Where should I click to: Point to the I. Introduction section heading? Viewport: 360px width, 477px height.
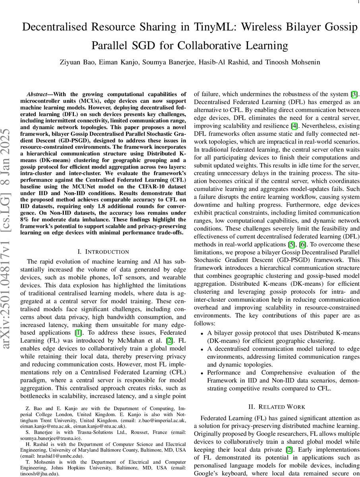pyautogui.click(x=103, y=252)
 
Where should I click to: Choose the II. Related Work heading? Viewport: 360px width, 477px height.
pyautogui.click(x=276, y=407)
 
